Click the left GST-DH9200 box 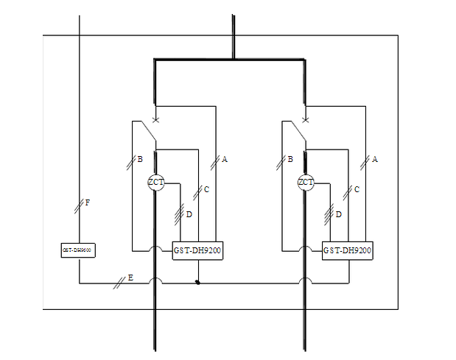197,251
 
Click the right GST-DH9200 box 348,251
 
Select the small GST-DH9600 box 78,250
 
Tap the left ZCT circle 155,183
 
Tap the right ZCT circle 306,183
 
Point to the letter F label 88,202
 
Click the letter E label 130,278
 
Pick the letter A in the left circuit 225,159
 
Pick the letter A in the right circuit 375,159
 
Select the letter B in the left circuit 139,159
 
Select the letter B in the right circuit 290,159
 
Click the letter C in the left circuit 206,190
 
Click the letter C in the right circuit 357,190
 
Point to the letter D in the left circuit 189,214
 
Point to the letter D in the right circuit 339,214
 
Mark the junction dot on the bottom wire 197,283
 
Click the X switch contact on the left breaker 155,119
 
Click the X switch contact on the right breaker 306,119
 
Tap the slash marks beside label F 80,207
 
